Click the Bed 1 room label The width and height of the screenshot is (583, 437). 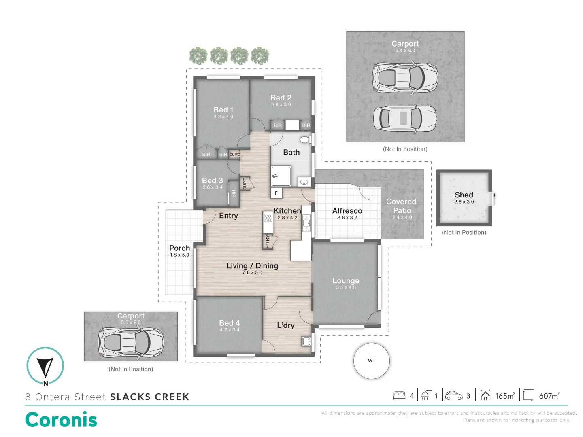[223, 110]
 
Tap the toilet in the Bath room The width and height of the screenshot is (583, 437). [305, 140]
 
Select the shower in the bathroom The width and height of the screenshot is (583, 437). [281, 176]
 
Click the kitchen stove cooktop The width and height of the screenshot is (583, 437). [268, 218]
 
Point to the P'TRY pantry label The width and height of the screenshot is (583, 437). [268, 242]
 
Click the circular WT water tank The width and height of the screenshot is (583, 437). [371, 361]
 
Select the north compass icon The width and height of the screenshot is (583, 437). [45, 366]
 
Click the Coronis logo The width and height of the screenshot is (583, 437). [61, 420]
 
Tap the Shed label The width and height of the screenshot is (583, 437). [464, 195]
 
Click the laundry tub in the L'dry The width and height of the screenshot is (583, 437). [306, 341]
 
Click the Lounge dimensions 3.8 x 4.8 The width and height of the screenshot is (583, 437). [346, 287]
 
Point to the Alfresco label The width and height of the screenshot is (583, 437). [347, 211]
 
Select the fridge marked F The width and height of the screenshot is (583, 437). [276, 193]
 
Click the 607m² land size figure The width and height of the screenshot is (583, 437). [549, 396]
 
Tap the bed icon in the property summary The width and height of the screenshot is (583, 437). [399, 395]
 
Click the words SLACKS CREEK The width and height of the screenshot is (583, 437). [150, 397]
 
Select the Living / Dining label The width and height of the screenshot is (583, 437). [252, 266]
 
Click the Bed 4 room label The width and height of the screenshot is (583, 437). [229, 323]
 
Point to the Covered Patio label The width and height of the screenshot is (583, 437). [401, 206]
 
